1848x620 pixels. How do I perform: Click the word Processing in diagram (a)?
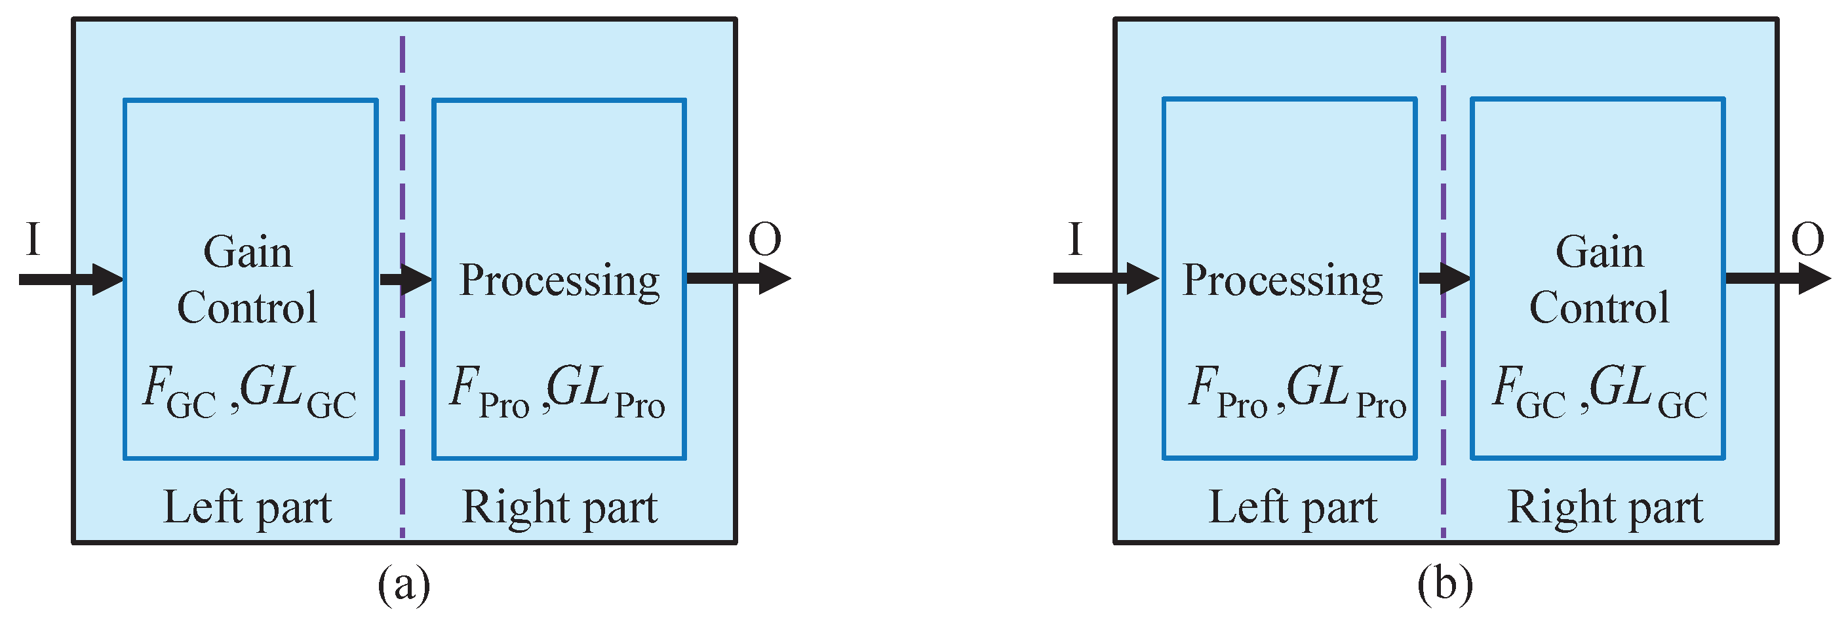click(x=560, y=281)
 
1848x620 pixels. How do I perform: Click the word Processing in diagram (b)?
click(x=1283, y=281)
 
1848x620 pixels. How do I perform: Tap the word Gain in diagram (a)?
click(x=248, y=252)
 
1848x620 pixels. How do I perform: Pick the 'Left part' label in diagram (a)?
click(x=248, y=507)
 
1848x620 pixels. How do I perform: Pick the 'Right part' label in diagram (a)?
click(x=560, y=507)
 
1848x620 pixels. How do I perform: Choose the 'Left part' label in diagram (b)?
click(x=1293, y=507)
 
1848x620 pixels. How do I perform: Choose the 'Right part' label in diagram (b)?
click(x=1605, y=507)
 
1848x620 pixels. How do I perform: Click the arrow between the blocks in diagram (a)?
click(x=405, y=279)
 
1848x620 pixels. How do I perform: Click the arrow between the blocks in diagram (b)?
click(x=1444, y=279)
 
